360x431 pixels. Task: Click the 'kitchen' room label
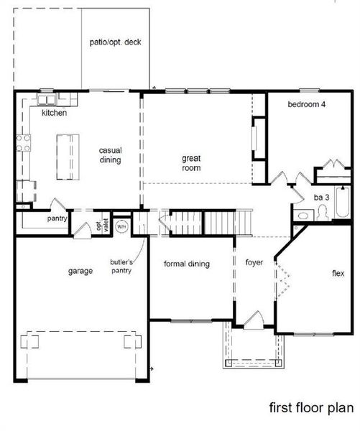pos(54,113)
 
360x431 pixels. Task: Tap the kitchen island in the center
pos(66,156)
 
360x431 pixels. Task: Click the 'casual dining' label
pos(110,155)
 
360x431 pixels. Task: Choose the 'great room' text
pos(190,163)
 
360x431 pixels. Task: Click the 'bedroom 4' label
pos(307,105)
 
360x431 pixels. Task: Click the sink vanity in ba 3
pos(302,214)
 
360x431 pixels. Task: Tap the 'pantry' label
pos(57,218)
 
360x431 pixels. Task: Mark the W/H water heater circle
pos(121,226)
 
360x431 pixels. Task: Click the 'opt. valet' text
pos(103,226)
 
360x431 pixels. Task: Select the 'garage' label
pos(80,271)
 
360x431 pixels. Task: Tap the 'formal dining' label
pos(187,264)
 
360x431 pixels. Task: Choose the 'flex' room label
pos(338,274)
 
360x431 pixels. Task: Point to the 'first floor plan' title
pos(310,408)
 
